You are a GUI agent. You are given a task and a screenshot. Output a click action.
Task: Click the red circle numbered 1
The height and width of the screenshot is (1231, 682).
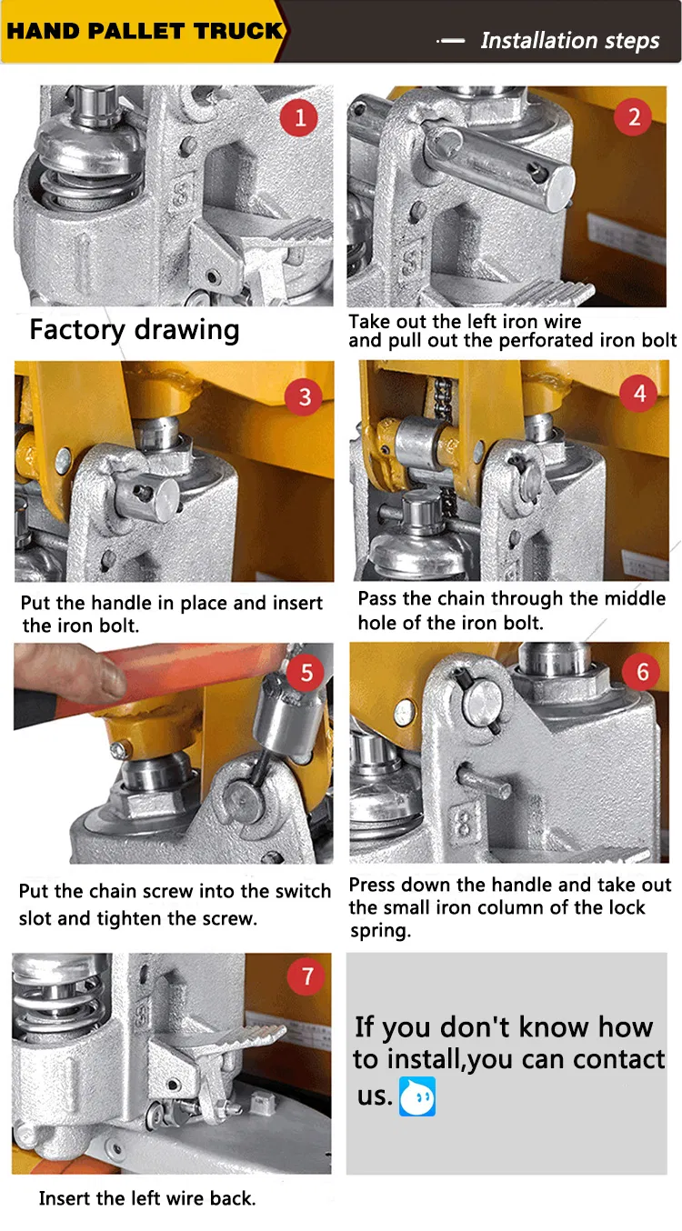pyautogui.click(x=299, y=117)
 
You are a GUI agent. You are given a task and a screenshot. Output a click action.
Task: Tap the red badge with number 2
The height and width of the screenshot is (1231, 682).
pyautogui.click(x=633, y=117)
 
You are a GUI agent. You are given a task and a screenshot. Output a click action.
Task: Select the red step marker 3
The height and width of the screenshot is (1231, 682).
pyautogui.click(x=304, y=396)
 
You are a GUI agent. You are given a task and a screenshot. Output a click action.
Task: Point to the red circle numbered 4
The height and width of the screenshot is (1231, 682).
pyautogui.click(x=638, y=394)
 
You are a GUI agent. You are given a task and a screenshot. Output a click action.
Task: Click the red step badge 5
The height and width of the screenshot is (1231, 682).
pyautogui.click(x=306, y=673)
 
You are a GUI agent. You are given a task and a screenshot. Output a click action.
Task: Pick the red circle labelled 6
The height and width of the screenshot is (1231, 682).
pyautogui.click(x=641, y=672)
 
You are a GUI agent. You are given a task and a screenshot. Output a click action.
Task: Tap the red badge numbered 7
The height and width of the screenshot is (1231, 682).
pyautogui.click(x=306, y=976)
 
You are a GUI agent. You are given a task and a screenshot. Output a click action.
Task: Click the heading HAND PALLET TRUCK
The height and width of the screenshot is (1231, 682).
pyautogui.click(x=145, y=31)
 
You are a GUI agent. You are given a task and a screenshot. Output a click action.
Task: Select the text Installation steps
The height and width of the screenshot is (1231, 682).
pyautogui.click(x=570, y=41)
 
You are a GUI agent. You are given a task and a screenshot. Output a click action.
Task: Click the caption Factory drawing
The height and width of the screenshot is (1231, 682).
pyautogui.click(x=134, y=330)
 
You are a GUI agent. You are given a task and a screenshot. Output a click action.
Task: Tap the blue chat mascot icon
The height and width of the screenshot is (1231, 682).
pyautogui.click(x=417, y=1097)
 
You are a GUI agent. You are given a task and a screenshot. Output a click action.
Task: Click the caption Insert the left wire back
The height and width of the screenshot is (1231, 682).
pyautogui.click(x=147, y=1198)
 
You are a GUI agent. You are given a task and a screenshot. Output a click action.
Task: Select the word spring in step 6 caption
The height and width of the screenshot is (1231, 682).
pyautogui.click(x=380, y=931)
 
